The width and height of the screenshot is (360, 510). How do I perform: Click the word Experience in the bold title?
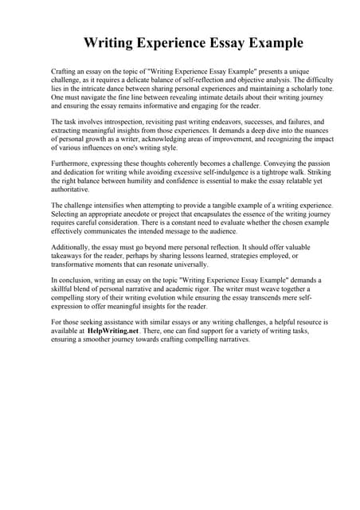182,42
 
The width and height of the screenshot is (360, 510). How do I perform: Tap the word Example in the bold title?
264,42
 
